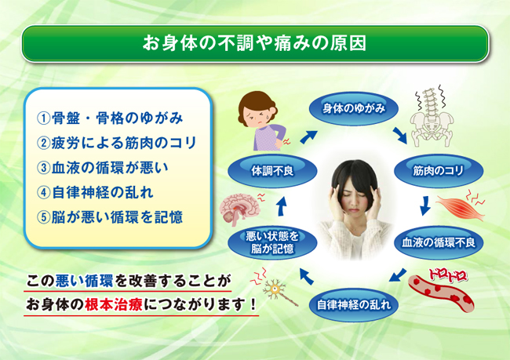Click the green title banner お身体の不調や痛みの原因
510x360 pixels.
click(x=255, y=43)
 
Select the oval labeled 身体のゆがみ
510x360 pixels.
click(x=354, y=108)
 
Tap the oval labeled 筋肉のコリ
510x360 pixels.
click(x=439, y=171)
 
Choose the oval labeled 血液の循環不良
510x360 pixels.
click(x=439, y=242)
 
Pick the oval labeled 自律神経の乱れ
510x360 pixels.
click(x=354, y=305)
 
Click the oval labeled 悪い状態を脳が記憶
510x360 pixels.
click(x=272, y=242)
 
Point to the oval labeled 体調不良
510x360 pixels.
click(x=272, y=171)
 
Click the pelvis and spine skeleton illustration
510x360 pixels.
click(x=431, y=116)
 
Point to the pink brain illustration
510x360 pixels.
click(x=241, y=209)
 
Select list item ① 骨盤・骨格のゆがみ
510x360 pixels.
click(x=110, y=118)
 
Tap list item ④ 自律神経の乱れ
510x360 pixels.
click(x=95, y=192)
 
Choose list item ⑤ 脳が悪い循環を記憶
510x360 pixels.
click(x=110, y=217)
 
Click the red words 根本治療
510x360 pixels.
click(x=114, y=305)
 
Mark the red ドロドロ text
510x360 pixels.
click(x=448, y=275)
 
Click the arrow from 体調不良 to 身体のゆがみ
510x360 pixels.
click(x=308, y=136)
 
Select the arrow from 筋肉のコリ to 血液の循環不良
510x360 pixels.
click(x=425, y=205)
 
